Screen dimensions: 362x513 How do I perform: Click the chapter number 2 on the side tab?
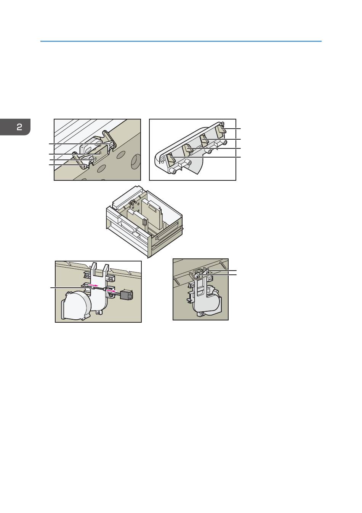19,127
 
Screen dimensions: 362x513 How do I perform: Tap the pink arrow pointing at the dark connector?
112,291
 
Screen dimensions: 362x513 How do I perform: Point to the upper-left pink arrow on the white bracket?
93,285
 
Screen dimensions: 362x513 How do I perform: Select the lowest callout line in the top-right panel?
205,157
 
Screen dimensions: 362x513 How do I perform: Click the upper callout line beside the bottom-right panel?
221,271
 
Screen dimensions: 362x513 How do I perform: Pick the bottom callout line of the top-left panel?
68,165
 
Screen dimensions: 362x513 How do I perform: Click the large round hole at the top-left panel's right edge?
136,161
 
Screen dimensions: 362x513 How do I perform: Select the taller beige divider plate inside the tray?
152,214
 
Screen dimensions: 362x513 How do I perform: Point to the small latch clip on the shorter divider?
144,222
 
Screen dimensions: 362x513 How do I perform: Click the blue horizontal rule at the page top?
181,41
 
